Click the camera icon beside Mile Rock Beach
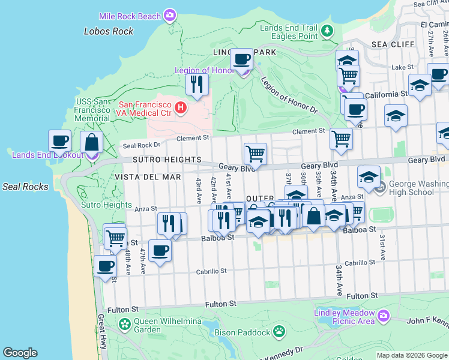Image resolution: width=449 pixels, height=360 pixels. pyautogui.click(x=170, y=14)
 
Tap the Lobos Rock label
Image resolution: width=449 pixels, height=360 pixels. pyautogui.click(x=109, y=31)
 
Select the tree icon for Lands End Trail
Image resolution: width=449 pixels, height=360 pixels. pyautogui.click(x=327, y=31)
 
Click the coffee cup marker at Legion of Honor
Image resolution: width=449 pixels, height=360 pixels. pyautogui.click(x=242, y=59)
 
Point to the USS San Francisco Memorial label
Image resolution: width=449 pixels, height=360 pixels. pyautogui.click(x=92, y=110)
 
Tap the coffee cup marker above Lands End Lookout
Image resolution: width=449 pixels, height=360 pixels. pyautogui.click(x=60, y=141)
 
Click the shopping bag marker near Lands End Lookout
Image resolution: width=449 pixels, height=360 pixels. pyautogui.click(x=91, y=142)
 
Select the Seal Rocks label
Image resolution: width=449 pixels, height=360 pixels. pyautogui.click(x=25, y=187)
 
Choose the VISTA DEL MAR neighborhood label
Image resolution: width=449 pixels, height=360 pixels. pyautogui.click(x=148, y=177)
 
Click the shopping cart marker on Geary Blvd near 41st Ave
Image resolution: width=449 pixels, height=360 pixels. pyautogui.click(x=256, y=154)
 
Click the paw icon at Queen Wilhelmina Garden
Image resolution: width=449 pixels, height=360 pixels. pyautogui.click(x=124, y=325)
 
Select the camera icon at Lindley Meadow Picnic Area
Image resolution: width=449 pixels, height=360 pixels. pyautogui.click(x=384, y=315)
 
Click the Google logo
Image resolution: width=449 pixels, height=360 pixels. pyautogui.click(x=20, y=353)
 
